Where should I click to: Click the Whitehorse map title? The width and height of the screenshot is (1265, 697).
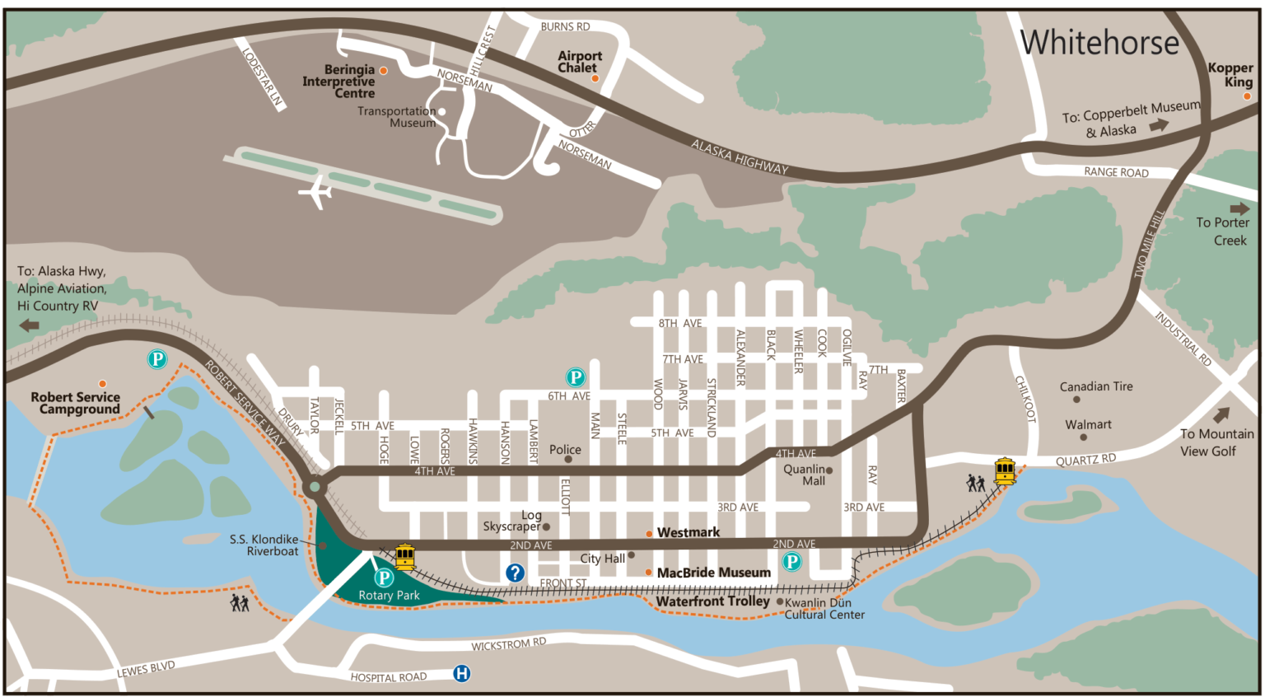(1099, 43)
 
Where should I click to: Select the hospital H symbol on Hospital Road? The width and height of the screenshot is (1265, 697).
(462, 674)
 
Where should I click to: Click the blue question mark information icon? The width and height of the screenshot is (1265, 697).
(515, 573)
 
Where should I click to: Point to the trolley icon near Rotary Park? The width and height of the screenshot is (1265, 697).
(404, 557)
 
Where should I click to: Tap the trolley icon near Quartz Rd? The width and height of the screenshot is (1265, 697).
(1005, 470)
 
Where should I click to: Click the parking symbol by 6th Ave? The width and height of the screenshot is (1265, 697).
(575, 377)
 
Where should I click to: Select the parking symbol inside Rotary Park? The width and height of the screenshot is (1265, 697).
(384, 578)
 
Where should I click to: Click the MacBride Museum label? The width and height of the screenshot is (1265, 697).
(713, 573)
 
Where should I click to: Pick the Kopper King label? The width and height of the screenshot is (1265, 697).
(1230, 75)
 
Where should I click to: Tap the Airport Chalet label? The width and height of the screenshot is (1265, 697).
(580, 62)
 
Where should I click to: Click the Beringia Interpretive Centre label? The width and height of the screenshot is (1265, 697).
(339, 82)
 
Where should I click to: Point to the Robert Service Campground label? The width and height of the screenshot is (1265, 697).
(76, 403)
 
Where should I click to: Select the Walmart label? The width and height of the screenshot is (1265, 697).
(1088, 424)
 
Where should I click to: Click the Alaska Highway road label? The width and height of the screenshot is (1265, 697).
(739, 157)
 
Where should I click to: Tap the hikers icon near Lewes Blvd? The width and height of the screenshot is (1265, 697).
(240, 603)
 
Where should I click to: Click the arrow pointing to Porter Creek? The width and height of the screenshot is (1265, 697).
(1239, 209)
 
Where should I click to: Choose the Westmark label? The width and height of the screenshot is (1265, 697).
(689, 533)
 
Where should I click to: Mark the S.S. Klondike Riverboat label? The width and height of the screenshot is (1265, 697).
(264, 545)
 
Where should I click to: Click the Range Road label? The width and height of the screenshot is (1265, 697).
(1116, 172)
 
